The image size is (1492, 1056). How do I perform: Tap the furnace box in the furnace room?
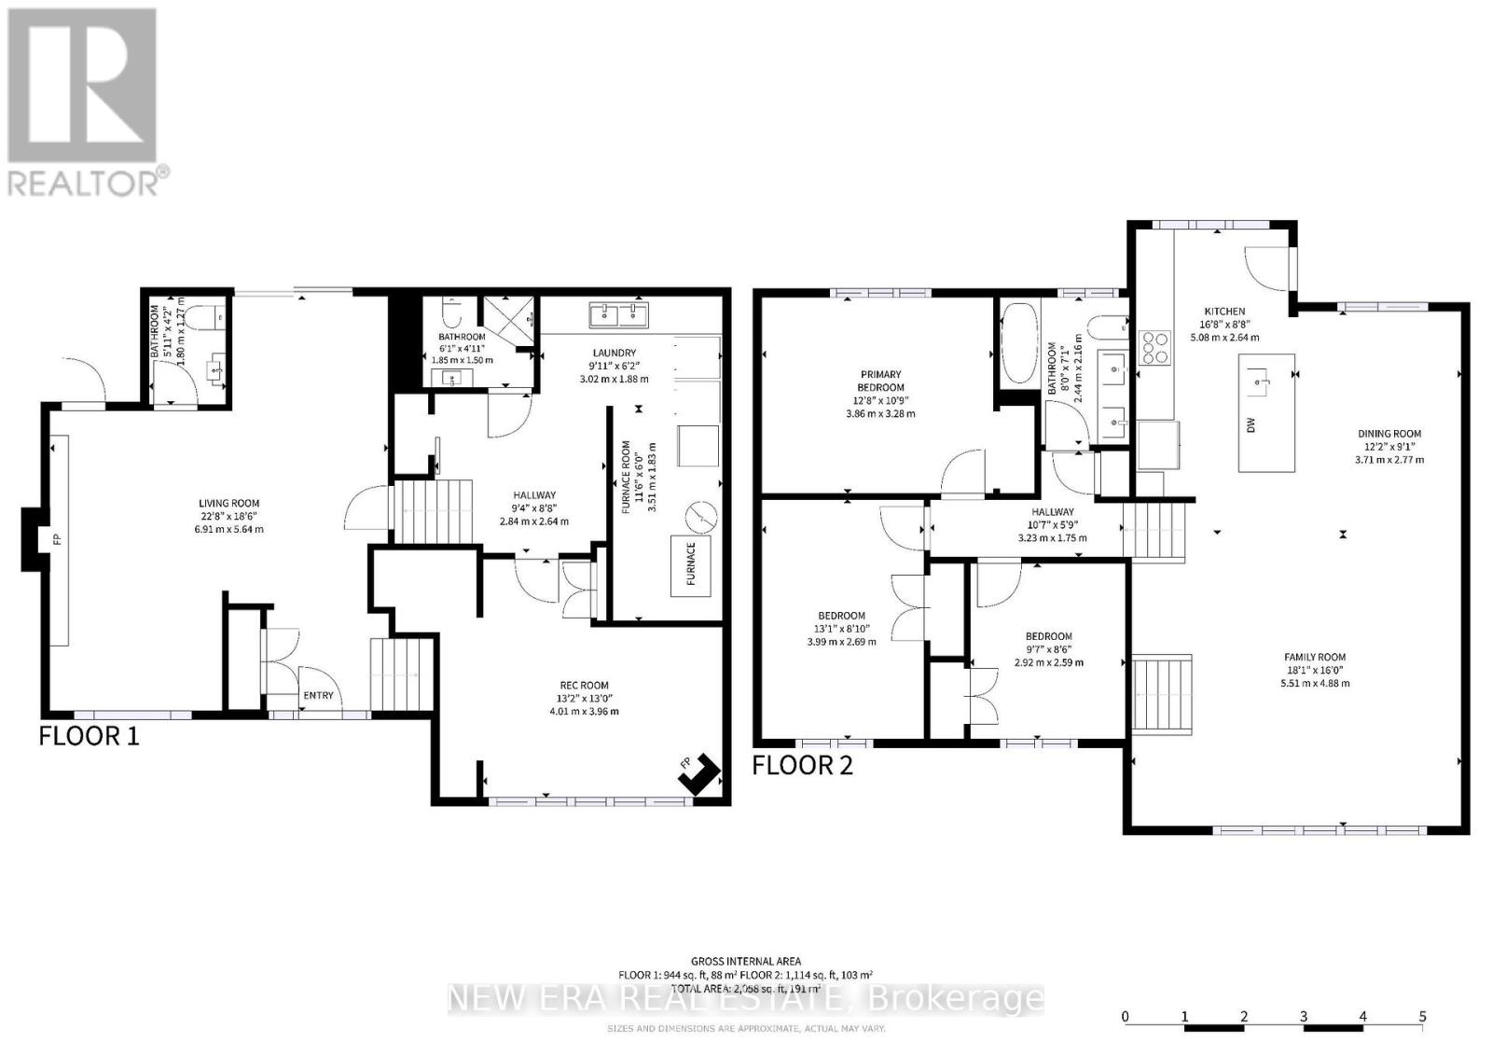click(691, 565)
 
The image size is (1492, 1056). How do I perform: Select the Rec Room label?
click(584, 686)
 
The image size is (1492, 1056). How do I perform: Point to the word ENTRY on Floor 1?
click(318, 695)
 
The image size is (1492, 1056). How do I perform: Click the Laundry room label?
click(614, 353)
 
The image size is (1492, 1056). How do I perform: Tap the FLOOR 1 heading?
click(89, 736)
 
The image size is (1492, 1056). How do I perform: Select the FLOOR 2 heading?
click(802, 766)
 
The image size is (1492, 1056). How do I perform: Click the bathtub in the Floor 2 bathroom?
click(1017, 343)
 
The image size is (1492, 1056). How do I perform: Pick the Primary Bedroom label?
click(880, 381)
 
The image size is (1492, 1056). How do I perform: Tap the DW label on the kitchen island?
click(1251, 424)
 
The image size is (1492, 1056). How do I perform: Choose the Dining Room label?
click(1388, 434)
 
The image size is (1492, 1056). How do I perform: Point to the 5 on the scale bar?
click(1422, 1017)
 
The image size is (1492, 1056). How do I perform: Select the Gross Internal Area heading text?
click(745, 961)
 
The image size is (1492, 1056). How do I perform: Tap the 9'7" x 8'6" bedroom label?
click(1049, 636)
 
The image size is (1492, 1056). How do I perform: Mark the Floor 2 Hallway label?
click(1052, 511)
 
